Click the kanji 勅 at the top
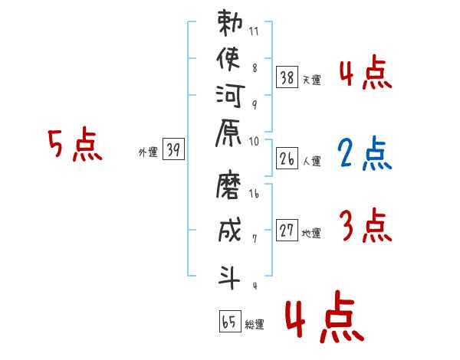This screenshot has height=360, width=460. (x=230, y=23)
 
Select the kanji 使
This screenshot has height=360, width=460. (x=228, y=59)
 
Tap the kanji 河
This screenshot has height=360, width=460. (x=230, y=97)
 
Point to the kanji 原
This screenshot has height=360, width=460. (x=228, y=133)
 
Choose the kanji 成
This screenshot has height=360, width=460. (x=229, y=230)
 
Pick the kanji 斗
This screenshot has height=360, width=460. (x=229, y=277)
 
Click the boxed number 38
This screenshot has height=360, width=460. (x=287, y=77)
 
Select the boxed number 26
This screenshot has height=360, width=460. (x=287, y=159)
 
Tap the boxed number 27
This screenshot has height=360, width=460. (x=287, y=230)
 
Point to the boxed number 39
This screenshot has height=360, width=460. (x=173, y=149)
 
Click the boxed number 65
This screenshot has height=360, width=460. (x=230, y=321)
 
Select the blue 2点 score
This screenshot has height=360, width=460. (x=365, y=153)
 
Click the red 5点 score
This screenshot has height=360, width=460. (x=75, y=144)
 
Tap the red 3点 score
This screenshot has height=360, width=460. (x=366, y=225)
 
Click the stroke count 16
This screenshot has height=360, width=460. (x=254, y=194)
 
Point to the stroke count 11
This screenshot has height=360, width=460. (x=254, y=31)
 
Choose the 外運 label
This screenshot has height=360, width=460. (x=148, y=152)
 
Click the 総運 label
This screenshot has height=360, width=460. (x=255, y=325)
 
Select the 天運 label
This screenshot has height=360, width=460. (x=312, y=80)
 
